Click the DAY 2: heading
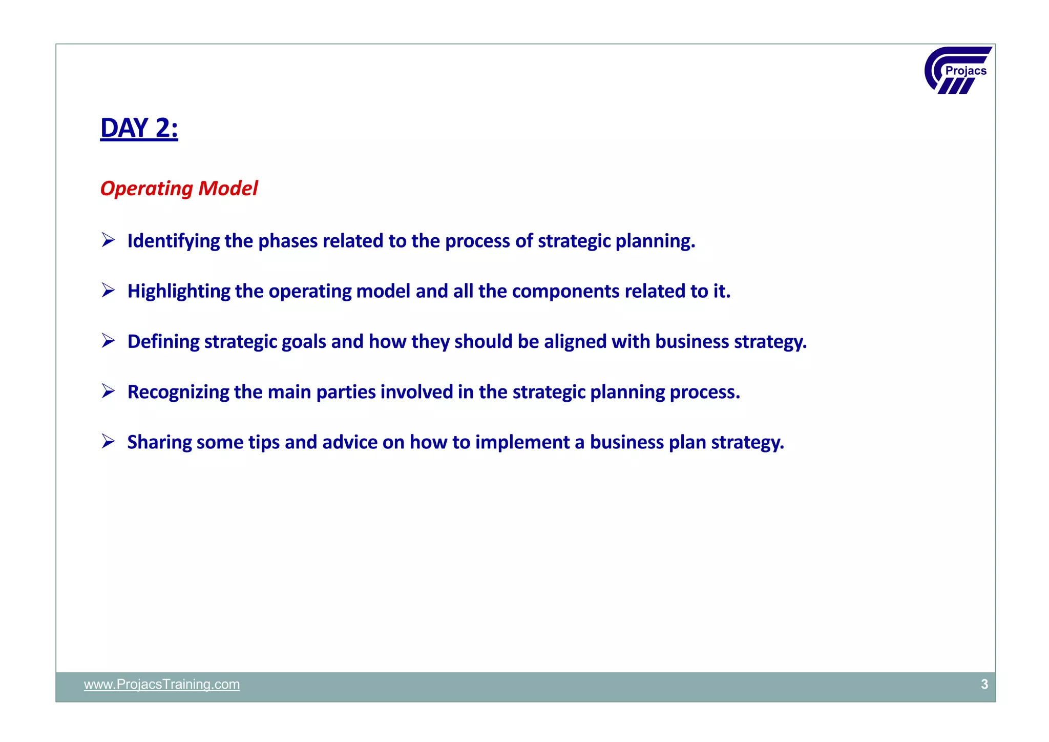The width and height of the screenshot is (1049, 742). click(x=139, y=128)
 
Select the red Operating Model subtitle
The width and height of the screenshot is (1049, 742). click(x=179, y=189)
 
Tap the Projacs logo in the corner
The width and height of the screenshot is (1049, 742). click(x=958, y=70)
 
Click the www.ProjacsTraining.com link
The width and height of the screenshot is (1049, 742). click(x=161, y=684)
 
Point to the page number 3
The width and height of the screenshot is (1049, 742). click(x=984, y=684)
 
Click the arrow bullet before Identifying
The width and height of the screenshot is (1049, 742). click(x=108, y=240)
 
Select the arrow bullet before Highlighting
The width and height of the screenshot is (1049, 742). click(x=108, y=290)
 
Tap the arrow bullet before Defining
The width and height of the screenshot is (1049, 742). click(x=108, y=340)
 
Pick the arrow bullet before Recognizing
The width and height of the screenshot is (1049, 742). click(x=108, y=391)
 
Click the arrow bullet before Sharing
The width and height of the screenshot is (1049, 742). click(x=108, y=441)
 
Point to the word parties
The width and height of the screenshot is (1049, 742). click(x=346, y=392)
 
